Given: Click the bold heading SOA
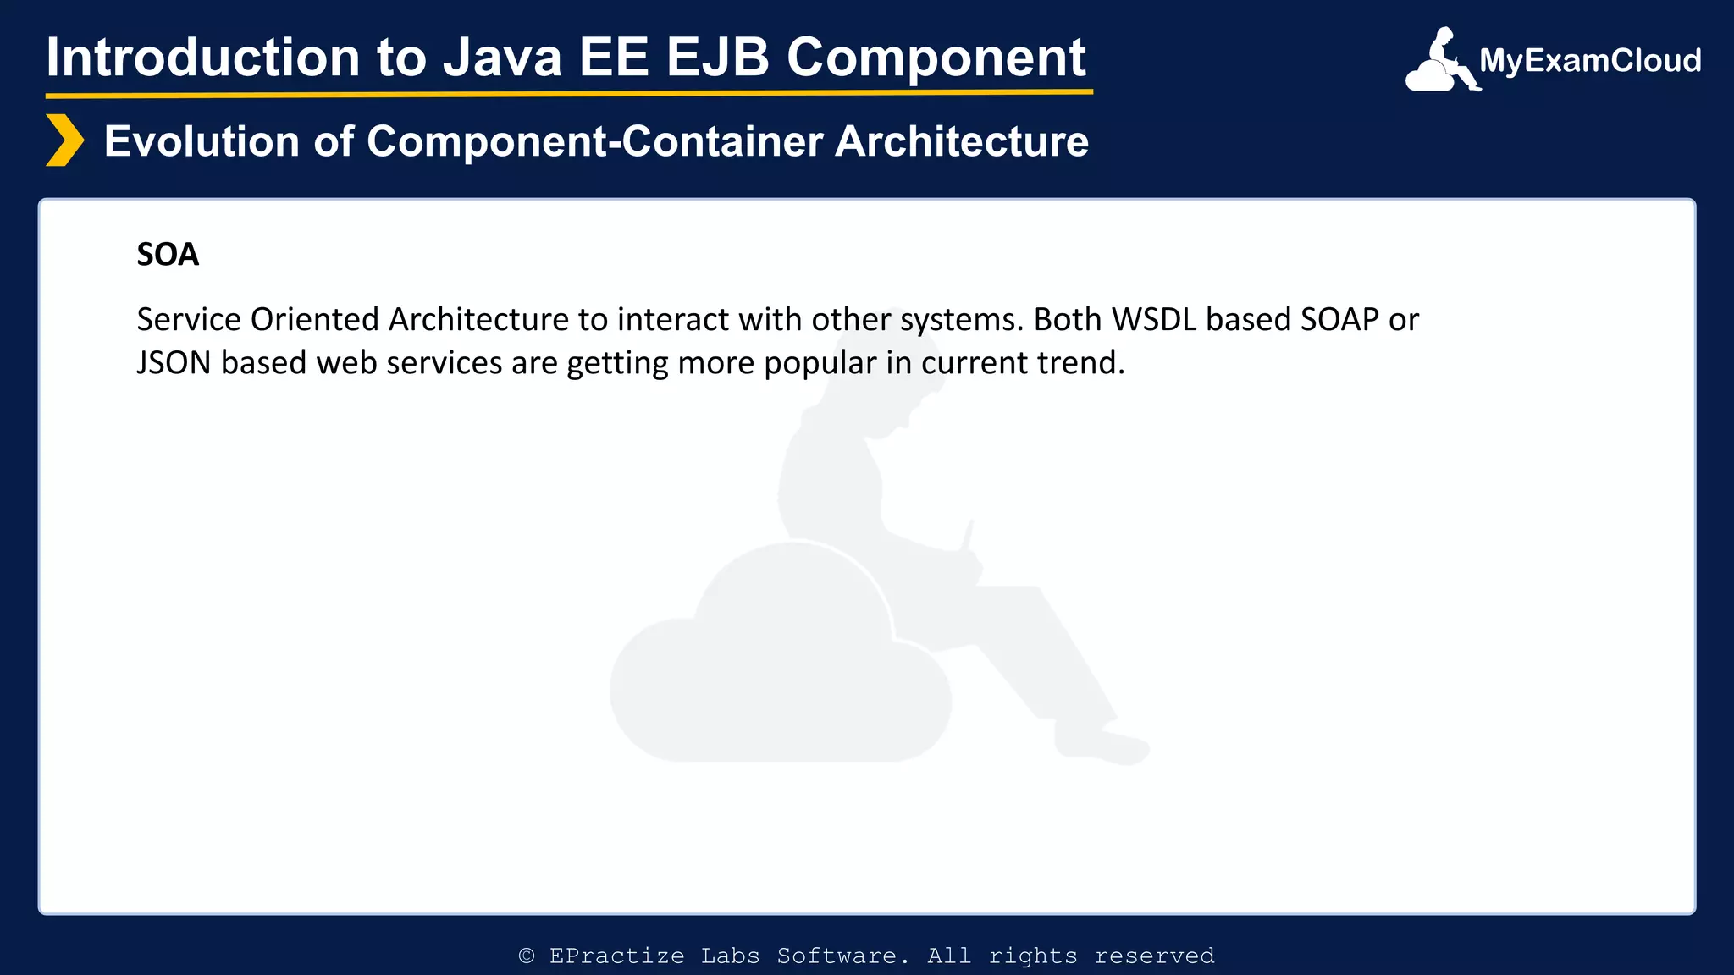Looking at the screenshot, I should point(168,255).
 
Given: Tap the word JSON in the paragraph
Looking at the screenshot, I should point(174,363).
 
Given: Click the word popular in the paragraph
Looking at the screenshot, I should point(820,364).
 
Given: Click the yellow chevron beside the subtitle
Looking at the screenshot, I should point(64,140).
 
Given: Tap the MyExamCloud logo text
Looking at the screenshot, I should point(1589,61).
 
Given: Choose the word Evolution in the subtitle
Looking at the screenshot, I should point(202,141).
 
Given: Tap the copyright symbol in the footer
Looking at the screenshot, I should point(527,956).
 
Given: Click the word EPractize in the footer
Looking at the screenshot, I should point(616,956).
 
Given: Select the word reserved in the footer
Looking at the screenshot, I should point(1154,956).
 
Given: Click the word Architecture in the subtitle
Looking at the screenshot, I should point(962,141).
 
